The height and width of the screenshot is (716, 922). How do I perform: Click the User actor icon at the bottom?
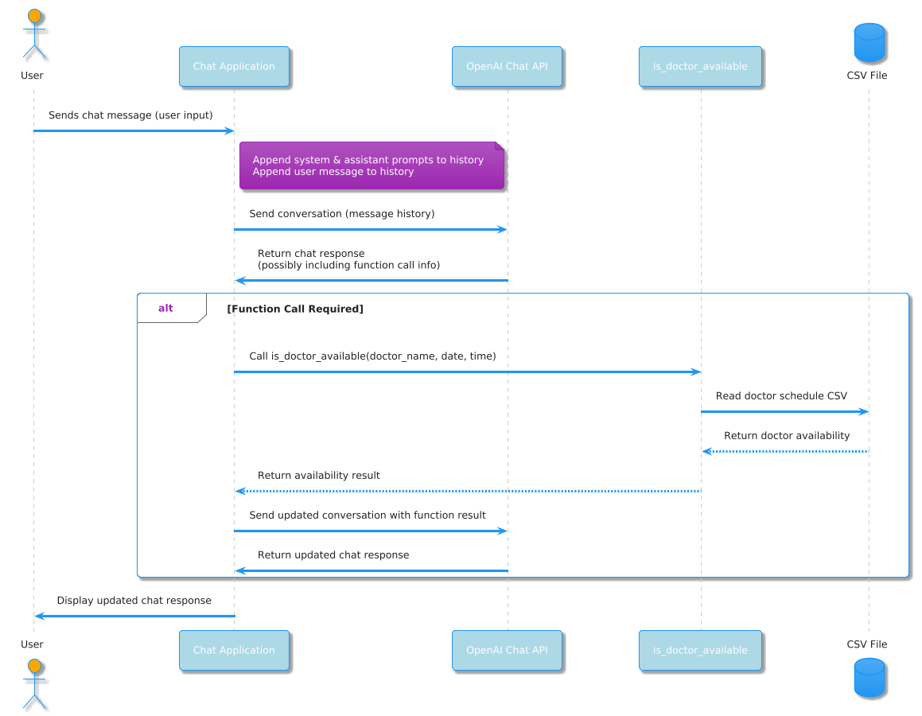click(x=33, y=682)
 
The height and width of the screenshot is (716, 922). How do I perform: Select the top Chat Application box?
click(x=234, y=66)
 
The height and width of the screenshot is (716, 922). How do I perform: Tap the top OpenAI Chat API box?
click(x=507, y=66)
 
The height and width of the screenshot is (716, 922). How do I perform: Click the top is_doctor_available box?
click(x=700, y=66)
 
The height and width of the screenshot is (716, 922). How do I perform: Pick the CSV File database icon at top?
click(x=868, y=43)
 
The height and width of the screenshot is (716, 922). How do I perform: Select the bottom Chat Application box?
click(x=234, y=650)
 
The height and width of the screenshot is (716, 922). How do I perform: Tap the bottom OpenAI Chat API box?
click(x=507, y=650)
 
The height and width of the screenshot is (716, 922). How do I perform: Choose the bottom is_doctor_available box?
click(x=700, y=650)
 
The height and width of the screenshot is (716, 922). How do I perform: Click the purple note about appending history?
click(x=372, y=166)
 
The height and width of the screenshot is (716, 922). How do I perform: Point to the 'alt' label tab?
click(x=166, y=309)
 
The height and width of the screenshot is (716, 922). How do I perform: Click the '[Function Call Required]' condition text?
click(x=295, y=309)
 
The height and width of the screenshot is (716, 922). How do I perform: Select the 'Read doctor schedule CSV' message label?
click(x=781, y=396)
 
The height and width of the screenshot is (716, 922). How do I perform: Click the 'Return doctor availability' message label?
click(x=787, y=436)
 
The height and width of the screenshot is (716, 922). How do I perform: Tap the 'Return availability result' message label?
click(x=319, y=476)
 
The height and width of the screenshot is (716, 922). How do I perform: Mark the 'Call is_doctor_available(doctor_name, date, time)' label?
click(x=372, y=356)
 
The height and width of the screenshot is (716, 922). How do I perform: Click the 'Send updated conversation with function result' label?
click(x=368, y=516)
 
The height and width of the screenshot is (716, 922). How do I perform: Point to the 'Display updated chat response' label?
click(x=134, y=601)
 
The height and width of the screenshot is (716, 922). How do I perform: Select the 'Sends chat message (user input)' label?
click(x=130, y=115)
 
